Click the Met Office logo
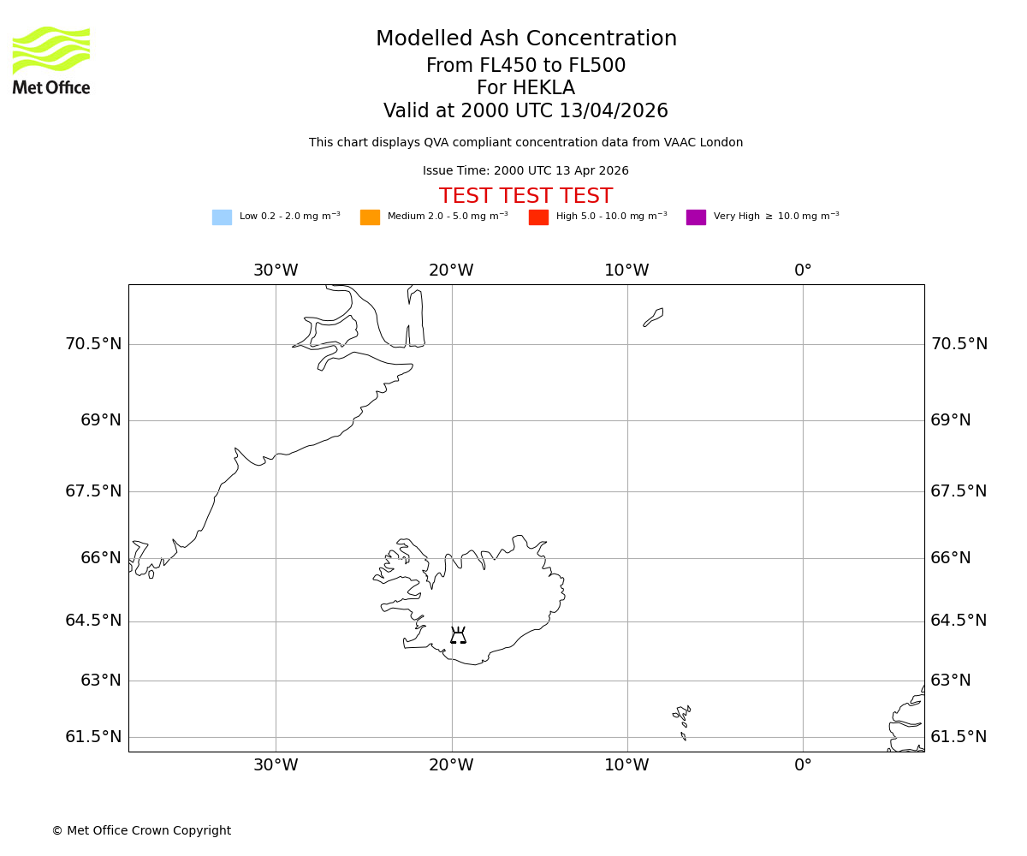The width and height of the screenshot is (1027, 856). coord(51,60)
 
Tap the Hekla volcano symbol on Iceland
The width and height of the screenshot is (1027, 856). coord(458,635)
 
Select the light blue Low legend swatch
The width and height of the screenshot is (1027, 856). coord(222,217)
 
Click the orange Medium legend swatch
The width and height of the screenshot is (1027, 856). coord(370,217)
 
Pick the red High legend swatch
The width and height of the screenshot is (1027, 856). coord(538,217)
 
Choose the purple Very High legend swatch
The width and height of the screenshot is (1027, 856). coord(696,217)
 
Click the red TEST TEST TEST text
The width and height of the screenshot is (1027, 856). coord(525,196)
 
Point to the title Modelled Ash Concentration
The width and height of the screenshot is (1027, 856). coord(525,39)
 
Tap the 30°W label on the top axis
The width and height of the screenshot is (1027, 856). coord(276,270)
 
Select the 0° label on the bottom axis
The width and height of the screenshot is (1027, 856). coord(803,765)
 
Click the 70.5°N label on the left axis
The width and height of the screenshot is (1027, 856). coord(93,344)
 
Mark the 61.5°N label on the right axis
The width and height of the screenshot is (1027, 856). coord(959,737)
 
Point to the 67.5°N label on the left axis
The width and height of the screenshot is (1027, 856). coord(93,491)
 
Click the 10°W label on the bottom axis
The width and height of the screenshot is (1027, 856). coord(626,765)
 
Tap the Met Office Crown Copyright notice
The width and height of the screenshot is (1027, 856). coord(141,831)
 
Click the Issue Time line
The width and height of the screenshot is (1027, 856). coord(525,171)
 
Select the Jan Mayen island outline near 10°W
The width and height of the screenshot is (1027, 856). coord(654,317)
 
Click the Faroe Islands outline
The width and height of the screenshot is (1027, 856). coord(682,717)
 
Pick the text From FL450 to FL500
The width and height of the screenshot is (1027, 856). coord(525,66)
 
